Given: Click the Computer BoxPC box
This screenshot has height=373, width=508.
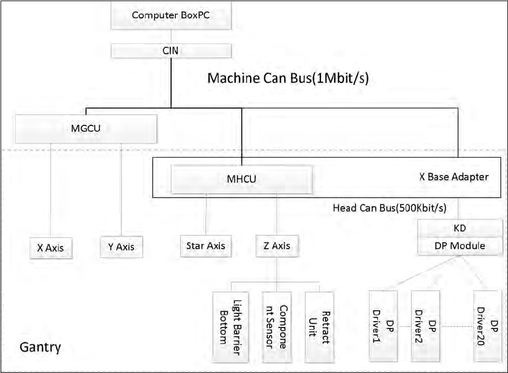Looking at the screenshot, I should pos(171,15).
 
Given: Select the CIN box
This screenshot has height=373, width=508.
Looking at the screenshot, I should pos(171,51).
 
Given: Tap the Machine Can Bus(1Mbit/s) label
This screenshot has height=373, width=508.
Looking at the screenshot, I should pos(287,78).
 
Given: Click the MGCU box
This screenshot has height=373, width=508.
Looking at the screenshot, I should pos(85,128).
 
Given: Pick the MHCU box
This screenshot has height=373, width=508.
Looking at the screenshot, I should pos(241,179).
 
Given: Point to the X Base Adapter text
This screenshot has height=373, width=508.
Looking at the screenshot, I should pos(453,177).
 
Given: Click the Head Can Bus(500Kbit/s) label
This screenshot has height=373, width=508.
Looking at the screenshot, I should pos(390,207).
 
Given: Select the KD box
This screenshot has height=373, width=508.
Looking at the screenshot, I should pos(460,228).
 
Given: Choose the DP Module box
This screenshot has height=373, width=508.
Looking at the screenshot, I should pos(460,246).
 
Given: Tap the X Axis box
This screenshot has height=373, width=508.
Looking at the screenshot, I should pos(50,248).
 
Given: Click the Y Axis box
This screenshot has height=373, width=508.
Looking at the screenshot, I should pos(121,248).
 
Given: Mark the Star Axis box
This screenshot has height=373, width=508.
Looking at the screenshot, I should pos(206,246).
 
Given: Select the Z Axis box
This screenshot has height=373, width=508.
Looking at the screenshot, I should pos(277,246).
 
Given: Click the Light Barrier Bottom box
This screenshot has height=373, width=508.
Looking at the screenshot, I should pos(230,327).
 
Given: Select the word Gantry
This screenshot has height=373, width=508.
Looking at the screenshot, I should pos(40,348).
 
